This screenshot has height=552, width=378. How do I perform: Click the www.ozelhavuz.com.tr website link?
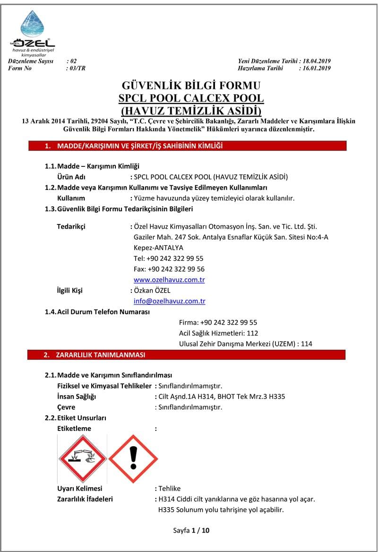click(x=169, y=280)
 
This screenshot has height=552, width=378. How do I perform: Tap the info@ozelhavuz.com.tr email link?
click(x=169, y=301)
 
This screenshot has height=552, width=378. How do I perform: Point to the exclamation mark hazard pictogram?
click(x=133, y=458)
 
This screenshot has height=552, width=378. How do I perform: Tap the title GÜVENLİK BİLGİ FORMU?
click(x=191, y=86)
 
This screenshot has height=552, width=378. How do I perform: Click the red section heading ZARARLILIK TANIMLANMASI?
click(x=101, y=354)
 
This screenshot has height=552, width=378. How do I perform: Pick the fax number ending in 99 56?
click(x=169, y=269)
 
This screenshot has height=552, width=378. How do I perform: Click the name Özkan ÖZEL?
click(x=152, y=291)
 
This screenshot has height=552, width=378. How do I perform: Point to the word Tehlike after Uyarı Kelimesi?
click(x=170, y=488)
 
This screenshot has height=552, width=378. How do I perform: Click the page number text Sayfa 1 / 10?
click(x=191, y=530)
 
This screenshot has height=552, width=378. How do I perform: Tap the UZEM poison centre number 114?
click(x=307, y=344)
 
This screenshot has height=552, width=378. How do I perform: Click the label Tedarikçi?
click(x=71, y=226)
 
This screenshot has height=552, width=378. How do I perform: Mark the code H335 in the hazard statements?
click(x=168, y=509)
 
